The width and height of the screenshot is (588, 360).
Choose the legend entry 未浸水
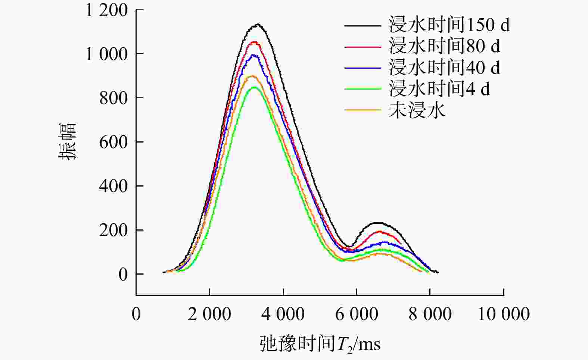point(417,110)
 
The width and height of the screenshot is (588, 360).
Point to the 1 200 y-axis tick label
point(107,10)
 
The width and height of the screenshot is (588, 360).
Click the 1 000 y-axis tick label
point(107,54)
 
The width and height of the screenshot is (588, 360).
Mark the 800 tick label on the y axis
point(113,98)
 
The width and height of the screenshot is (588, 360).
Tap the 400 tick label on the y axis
point(113,186)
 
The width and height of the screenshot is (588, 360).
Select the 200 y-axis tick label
point(113,230)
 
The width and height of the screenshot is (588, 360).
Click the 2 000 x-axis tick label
point(209,314)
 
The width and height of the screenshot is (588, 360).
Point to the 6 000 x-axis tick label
point(357,314)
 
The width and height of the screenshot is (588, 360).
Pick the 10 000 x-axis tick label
point(504,314)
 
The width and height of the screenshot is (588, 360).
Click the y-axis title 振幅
point(68,141)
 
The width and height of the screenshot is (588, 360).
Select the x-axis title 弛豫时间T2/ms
point(320,344)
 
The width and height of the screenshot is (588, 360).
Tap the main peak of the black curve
point(258,25)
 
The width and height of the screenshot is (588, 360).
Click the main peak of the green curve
point(254,87)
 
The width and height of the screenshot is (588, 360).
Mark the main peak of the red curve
point(255,42)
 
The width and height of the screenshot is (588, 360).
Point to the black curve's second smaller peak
point(379,223)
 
